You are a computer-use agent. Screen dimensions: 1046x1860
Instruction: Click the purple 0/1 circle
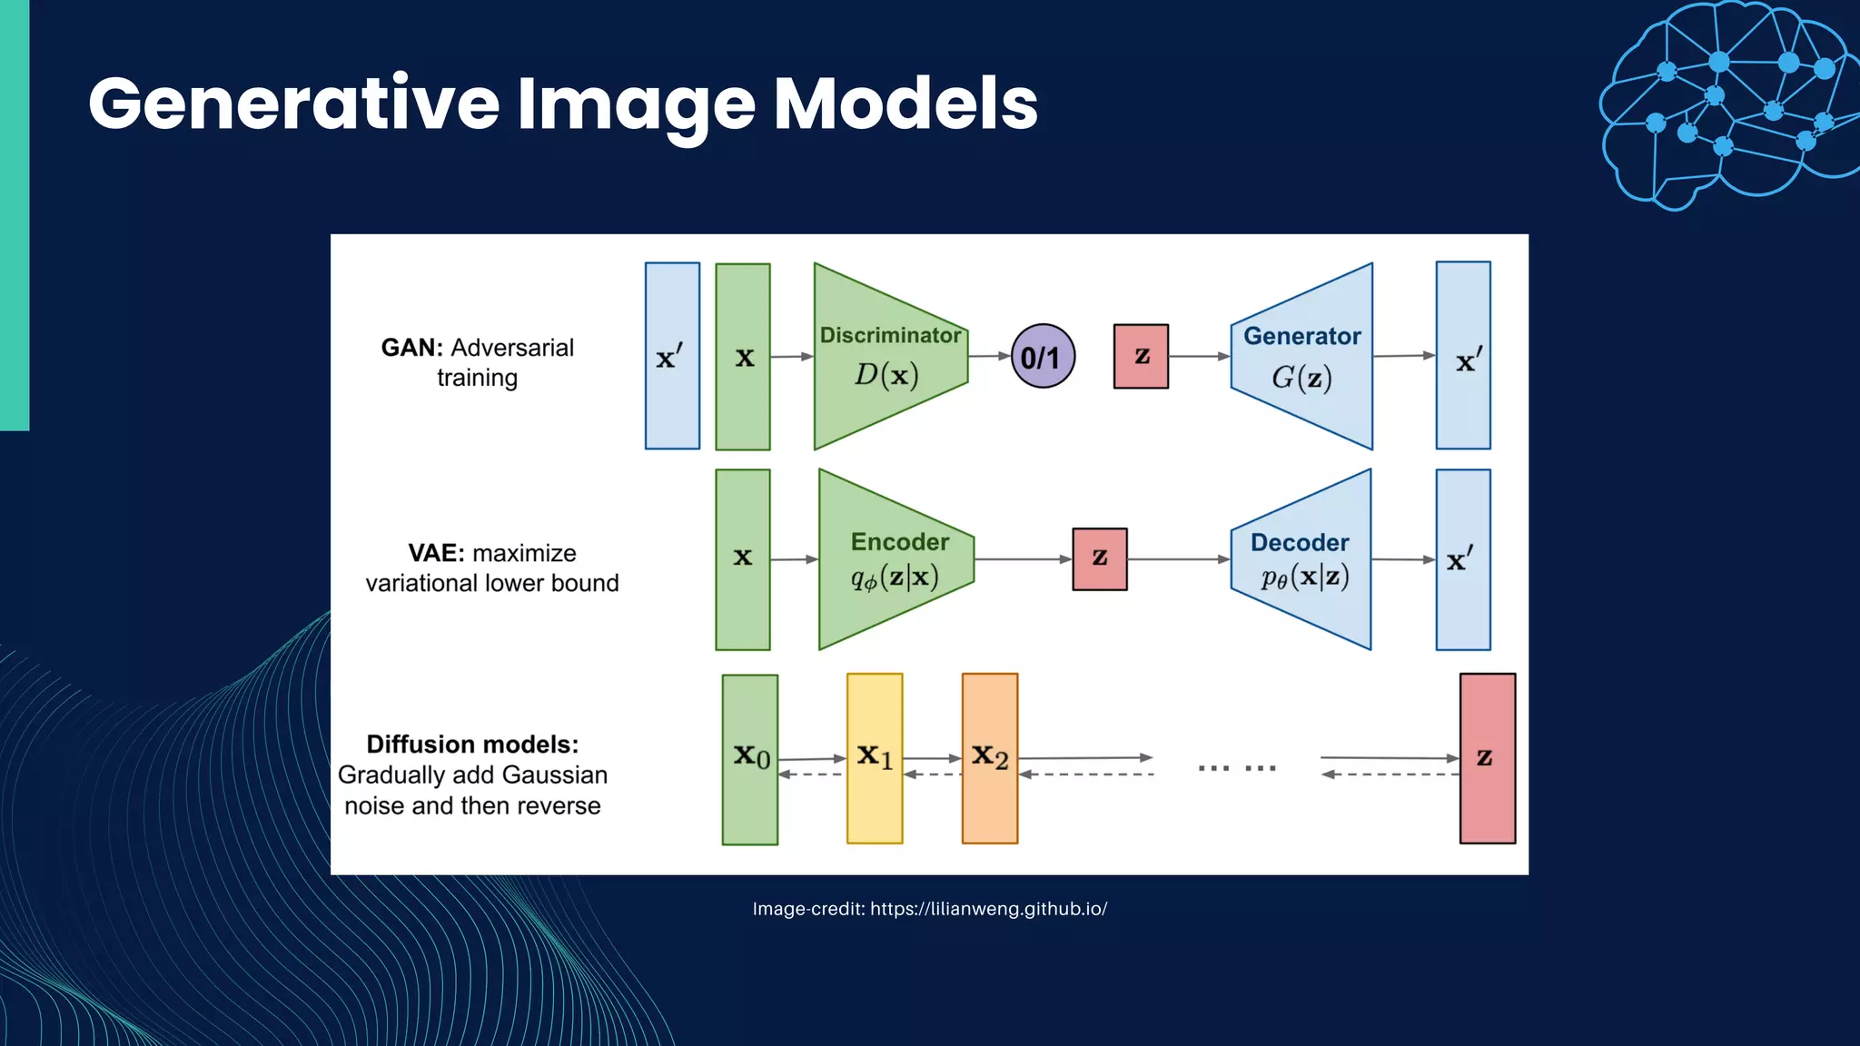(x=1043, y=356)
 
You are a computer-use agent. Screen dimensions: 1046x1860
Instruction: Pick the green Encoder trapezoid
(x=894, y=559)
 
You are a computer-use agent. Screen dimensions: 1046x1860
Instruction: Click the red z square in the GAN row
(x=1141, y=356)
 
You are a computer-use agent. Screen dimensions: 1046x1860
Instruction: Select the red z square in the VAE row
(x=1099, y=559)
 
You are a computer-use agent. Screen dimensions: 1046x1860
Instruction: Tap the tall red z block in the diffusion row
(x=1487, y=758)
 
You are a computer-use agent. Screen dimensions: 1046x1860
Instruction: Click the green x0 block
(x=750, y=759)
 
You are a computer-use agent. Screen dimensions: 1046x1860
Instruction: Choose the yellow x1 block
(x=875, y=758)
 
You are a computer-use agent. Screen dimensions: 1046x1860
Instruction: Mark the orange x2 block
(x=989, y=758)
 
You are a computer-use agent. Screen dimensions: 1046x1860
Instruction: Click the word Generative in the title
(x=293, y=104)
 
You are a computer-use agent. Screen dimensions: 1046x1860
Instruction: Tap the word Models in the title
(x=905, y=104)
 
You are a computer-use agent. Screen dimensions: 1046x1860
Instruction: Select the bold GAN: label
(x=411, y=348)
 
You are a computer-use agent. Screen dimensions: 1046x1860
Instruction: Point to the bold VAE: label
(x=436, y=553)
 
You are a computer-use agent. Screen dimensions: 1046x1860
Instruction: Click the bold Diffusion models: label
(x=472, y=745)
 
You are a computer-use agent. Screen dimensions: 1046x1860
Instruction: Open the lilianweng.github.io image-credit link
(x=988, y=909)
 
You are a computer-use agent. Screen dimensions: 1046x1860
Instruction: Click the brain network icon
(x=1726, y=104)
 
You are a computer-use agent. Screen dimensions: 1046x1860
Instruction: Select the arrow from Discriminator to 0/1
(x=989, y=356)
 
